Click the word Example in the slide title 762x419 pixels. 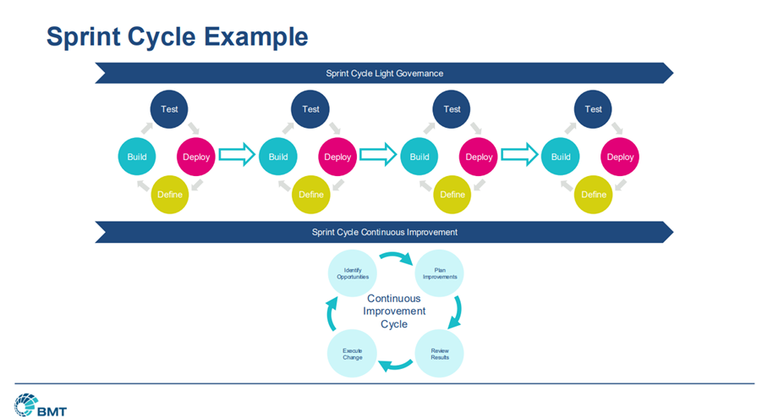tap(254, 37)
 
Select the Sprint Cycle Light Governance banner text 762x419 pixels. tap(384, 74)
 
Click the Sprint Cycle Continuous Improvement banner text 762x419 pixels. tap(384, 232)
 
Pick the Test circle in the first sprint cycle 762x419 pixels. tap(169, 109)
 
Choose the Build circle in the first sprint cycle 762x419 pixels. tap(137, 157)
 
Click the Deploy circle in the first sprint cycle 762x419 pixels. tap(196, 157)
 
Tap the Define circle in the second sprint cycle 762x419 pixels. tap(310, 195)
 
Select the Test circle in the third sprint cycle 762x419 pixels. tap(452, 109)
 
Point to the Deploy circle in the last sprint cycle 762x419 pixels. tap(620, 157)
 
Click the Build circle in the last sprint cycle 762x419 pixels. tap(561, 157)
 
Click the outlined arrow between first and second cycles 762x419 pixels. tap(237, 156)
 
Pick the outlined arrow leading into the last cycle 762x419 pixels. tap(519, 156)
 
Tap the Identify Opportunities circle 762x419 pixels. tap(353, 273)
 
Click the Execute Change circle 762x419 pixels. tap(353, 354)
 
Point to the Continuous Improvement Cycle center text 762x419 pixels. tap(395, 311)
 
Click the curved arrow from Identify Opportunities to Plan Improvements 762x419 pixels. tap(396, 256)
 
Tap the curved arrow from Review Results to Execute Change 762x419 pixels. tap(396, 367)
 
